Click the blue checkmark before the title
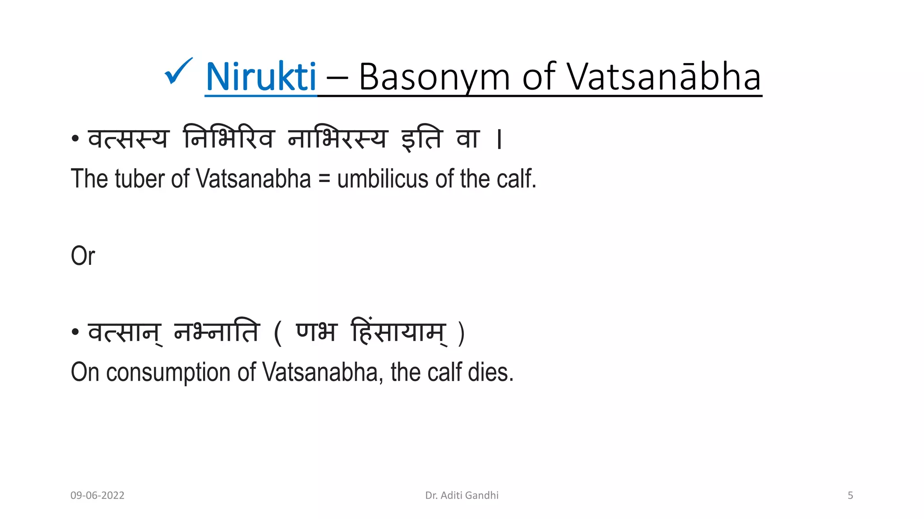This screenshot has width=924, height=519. (x=179, y=72)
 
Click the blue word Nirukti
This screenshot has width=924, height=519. (x=261, y=77)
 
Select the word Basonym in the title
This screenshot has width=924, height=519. (x=434, y=77)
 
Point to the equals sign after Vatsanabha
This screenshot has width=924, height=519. (x=324, y=180)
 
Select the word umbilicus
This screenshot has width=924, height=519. (x=383, y=179)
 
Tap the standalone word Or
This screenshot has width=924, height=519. (x=83, y=256)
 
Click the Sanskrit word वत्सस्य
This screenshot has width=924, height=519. (x=128, y=138)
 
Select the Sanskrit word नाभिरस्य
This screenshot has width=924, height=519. (x=337, y=138)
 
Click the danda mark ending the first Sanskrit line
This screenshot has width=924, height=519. (x=499, y=139)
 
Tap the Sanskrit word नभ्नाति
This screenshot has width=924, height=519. (x=217, y=332)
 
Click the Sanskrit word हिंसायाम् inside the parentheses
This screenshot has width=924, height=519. (x=399, y=332)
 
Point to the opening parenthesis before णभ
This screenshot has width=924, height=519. (x=278, y=333)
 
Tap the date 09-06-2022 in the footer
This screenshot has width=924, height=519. (x=97, y=496)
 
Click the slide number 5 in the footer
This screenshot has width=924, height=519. (x=850, y=496)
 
